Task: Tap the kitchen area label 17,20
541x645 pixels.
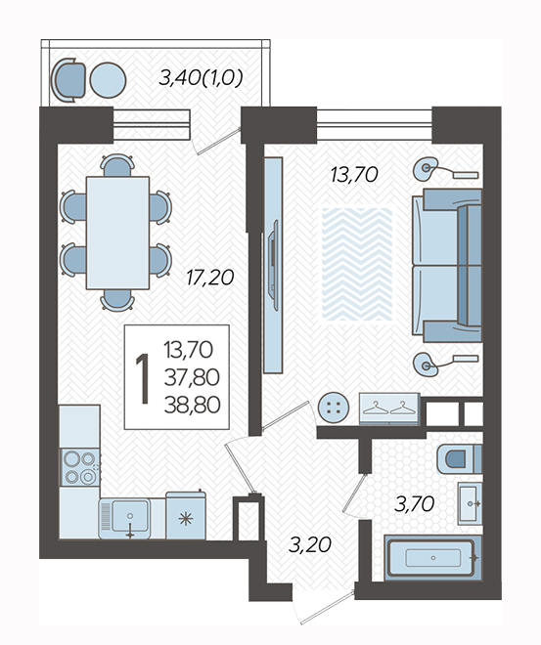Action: (x=210, y=278)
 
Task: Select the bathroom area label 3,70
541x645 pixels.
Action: (x=414, y=504)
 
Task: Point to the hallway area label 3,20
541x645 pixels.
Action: (x=310, y=545)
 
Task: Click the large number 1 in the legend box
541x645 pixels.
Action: (x=143, y=378)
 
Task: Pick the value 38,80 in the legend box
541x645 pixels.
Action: (x=193, y=406)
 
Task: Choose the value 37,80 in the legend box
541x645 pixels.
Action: (x=192, y=377)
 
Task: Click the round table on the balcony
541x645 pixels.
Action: (x=108, y=80)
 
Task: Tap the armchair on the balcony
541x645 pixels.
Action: (x=68, y=80)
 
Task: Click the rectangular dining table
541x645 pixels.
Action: (x=117, y=233)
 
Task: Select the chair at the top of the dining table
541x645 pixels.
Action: (x=117, y=165)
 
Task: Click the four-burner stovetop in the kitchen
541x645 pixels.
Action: (x=80, y=467)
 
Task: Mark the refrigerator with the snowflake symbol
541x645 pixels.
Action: (x=186, y=515)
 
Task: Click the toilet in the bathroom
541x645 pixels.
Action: (x=459, y=458)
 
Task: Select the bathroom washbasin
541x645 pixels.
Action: (x=470, y=503)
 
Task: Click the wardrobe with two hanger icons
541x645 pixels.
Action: (x=389, y=408)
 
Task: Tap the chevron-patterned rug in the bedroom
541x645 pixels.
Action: (x=357, y=264)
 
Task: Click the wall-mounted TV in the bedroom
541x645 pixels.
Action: (x=273, y=265)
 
